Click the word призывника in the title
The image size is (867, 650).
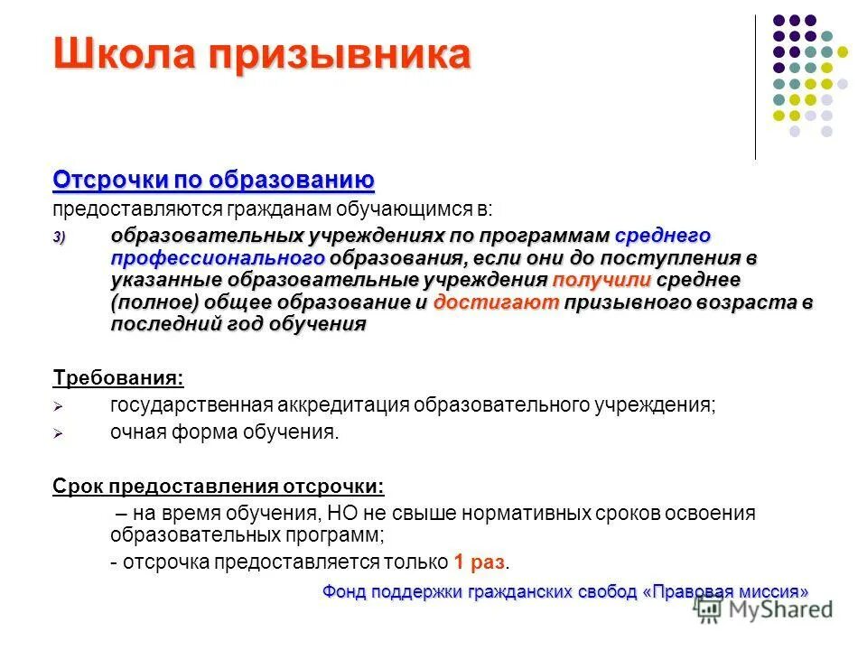click(340, 55)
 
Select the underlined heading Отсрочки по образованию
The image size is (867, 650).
click(213, 179)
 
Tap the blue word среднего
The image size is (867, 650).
click(663, 236)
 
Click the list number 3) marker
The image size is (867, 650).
click(59, 237)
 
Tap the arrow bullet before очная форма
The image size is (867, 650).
click(59, 433)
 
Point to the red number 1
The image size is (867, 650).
click(460, 562)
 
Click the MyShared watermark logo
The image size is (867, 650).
click(764, 609)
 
